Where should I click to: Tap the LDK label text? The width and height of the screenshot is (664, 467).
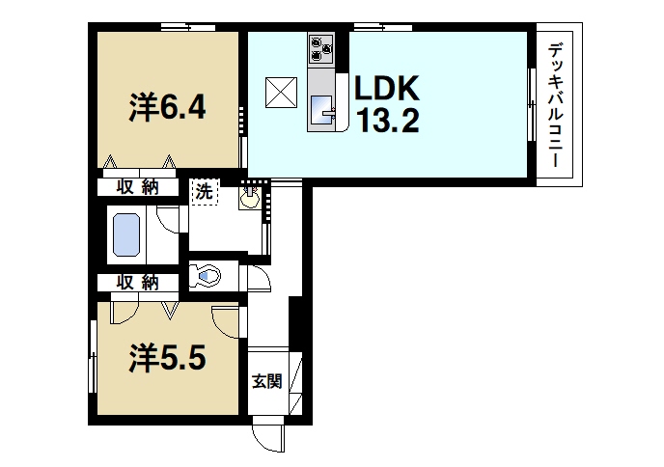387,90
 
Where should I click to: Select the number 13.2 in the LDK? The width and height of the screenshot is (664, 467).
387,124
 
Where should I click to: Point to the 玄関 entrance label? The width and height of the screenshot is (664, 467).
266,381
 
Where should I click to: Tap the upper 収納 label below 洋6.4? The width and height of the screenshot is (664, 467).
137,187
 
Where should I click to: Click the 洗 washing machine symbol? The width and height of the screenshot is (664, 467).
204,191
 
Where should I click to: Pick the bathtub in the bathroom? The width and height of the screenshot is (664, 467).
126,234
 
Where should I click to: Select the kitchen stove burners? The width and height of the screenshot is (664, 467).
320,46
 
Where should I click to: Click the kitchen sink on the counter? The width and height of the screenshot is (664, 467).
321,106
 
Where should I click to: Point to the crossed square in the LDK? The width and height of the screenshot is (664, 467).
283,93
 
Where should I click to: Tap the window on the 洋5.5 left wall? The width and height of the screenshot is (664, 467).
92,357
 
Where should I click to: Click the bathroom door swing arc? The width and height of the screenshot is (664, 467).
170,219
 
